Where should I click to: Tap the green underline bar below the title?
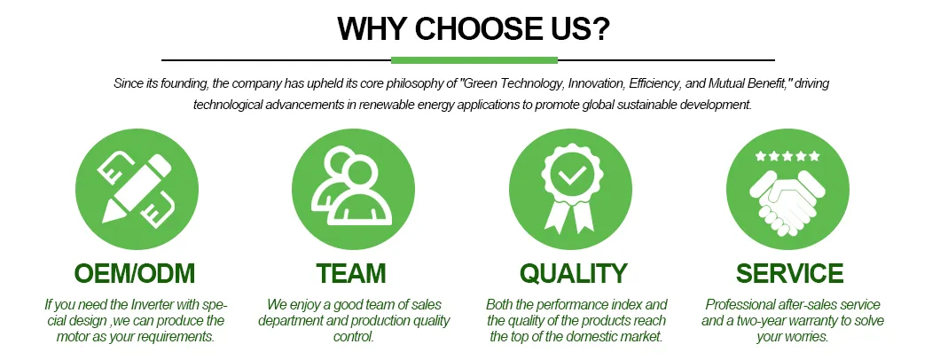point(474,60)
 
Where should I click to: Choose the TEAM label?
point(353,273)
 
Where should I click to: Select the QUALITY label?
point(573,273)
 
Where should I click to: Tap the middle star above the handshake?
point(787,156)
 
